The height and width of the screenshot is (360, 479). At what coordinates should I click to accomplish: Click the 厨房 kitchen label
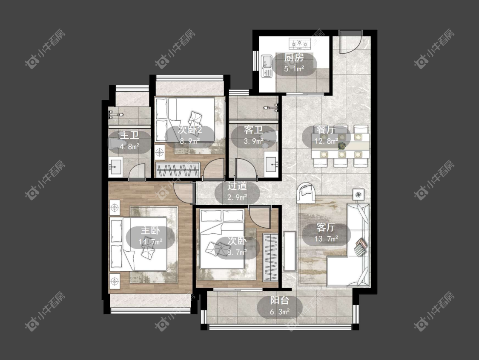294,58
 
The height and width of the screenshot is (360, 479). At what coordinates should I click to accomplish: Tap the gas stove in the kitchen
300,44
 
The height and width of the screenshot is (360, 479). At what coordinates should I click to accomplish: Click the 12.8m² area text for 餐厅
326,141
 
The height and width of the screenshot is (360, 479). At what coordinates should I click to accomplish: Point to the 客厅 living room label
326,227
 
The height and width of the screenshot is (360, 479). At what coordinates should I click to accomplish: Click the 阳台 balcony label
279,300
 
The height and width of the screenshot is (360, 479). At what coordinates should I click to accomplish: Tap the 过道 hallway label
237,186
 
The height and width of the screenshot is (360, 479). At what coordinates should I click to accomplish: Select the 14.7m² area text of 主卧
150,242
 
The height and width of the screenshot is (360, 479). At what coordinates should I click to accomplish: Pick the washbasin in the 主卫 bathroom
115,167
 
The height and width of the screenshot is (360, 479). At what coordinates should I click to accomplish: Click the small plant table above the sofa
359,194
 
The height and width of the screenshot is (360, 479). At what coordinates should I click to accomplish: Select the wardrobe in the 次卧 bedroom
270,257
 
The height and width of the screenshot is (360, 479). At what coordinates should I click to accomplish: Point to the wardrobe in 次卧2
178,170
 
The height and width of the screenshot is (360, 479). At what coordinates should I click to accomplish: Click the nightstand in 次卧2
160,151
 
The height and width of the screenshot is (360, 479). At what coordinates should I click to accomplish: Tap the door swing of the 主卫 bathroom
137,172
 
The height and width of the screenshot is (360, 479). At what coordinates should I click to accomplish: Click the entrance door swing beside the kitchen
351,43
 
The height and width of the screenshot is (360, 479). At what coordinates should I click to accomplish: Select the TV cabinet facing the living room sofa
290,251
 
